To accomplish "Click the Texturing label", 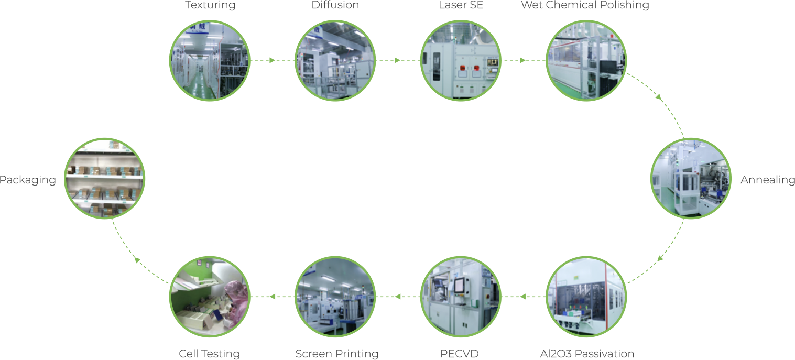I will pyautogui.click(x=210, y=5).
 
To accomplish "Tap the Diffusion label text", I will pyautogui.click(x=335, y=5).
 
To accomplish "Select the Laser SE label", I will pyautogui.click(x=461, y=5).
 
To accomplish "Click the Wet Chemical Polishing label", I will pyautogui.click(x=585, y=5).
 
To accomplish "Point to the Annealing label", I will pyautogui.click(x=767, y=180).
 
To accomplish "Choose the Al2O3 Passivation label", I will pyautogui.click(x=587, y=354).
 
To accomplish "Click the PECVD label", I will pyautogui.click(x=460, y=354).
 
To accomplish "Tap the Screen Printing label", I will pyautogui.click(x=337, y=354).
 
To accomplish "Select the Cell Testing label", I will pyautogui.click(x=209, y=354).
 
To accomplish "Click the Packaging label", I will pyautogui.click(x=27, y=180).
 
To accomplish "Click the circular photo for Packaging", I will pyautogui.click(x=105, y=179).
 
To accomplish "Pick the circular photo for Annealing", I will pyautogui.click(x=691, y=179).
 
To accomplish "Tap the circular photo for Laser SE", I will pyautogui.click(x=461, y=60).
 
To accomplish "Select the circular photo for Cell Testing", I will pyautogui.click(x=210, y=297).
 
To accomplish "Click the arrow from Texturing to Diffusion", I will pyautogui.click(x=271, y=60).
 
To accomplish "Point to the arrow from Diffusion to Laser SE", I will pyautogui.click(x=397, y=60).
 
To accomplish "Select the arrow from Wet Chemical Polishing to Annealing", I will pyautogui.click(x=659, y=97).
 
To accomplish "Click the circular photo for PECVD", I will pyautogui.click(x=461, y=297).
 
